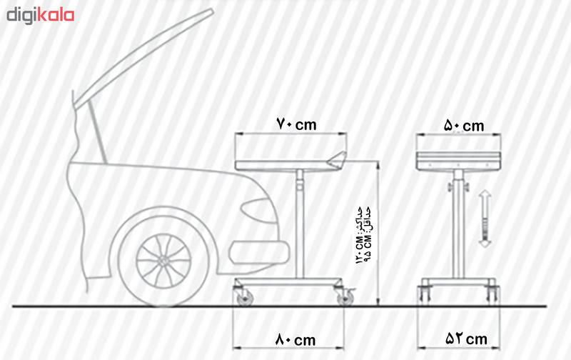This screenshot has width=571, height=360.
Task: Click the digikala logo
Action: (x=41, y=14)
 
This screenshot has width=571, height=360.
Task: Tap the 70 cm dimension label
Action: (x=295, y=124)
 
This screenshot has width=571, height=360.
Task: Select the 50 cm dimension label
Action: (x=463, y=126)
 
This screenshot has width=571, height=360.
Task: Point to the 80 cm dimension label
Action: (x=294, y=341)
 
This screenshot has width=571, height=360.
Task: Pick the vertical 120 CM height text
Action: (x=359, y=236)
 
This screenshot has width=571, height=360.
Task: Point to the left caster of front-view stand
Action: (x=426, y=294)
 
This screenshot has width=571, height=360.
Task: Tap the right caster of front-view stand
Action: (x=491, y=294)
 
